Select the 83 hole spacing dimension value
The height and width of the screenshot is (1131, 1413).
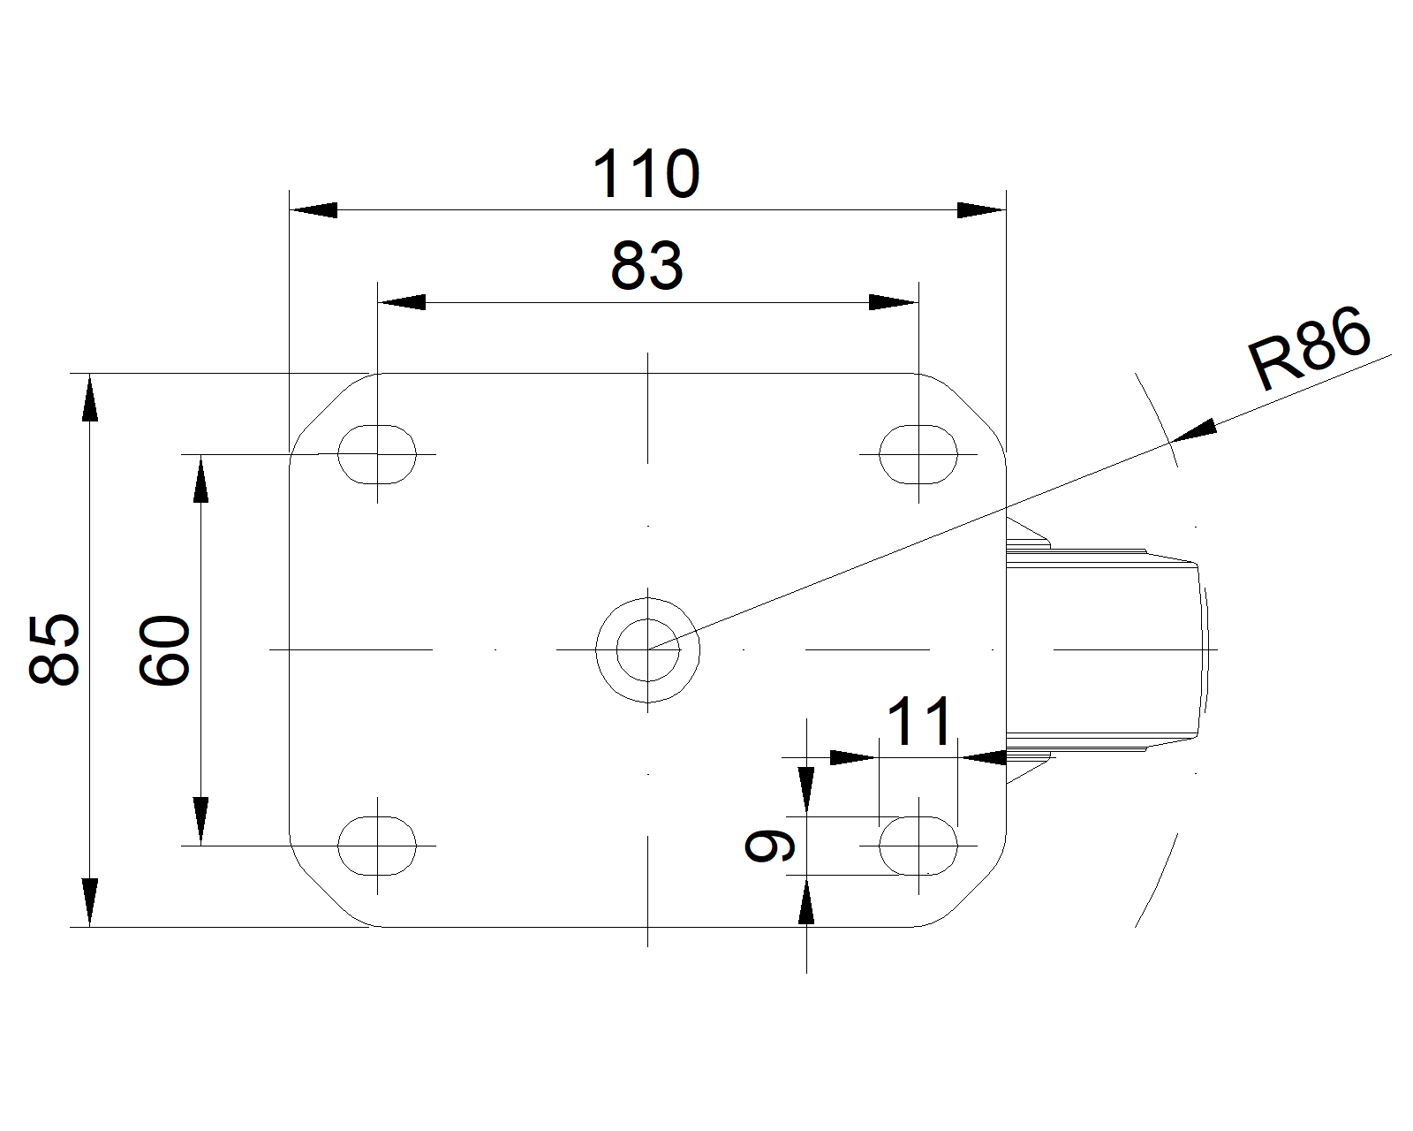[646, 266]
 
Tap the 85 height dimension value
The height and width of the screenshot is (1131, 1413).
[55, 649]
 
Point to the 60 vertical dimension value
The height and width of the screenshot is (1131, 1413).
[164, 650]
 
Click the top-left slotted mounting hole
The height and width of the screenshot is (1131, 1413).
[377, 454]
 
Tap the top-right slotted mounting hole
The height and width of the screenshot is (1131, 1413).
[918, 454]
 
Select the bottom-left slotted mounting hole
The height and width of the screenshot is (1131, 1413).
[377, 846]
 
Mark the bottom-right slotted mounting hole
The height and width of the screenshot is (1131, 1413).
[918, 846]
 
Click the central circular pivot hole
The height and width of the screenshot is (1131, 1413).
[648, 649]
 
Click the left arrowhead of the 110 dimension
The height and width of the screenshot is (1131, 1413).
[313, 210]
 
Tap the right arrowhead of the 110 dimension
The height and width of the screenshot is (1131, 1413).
[982, 210]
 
